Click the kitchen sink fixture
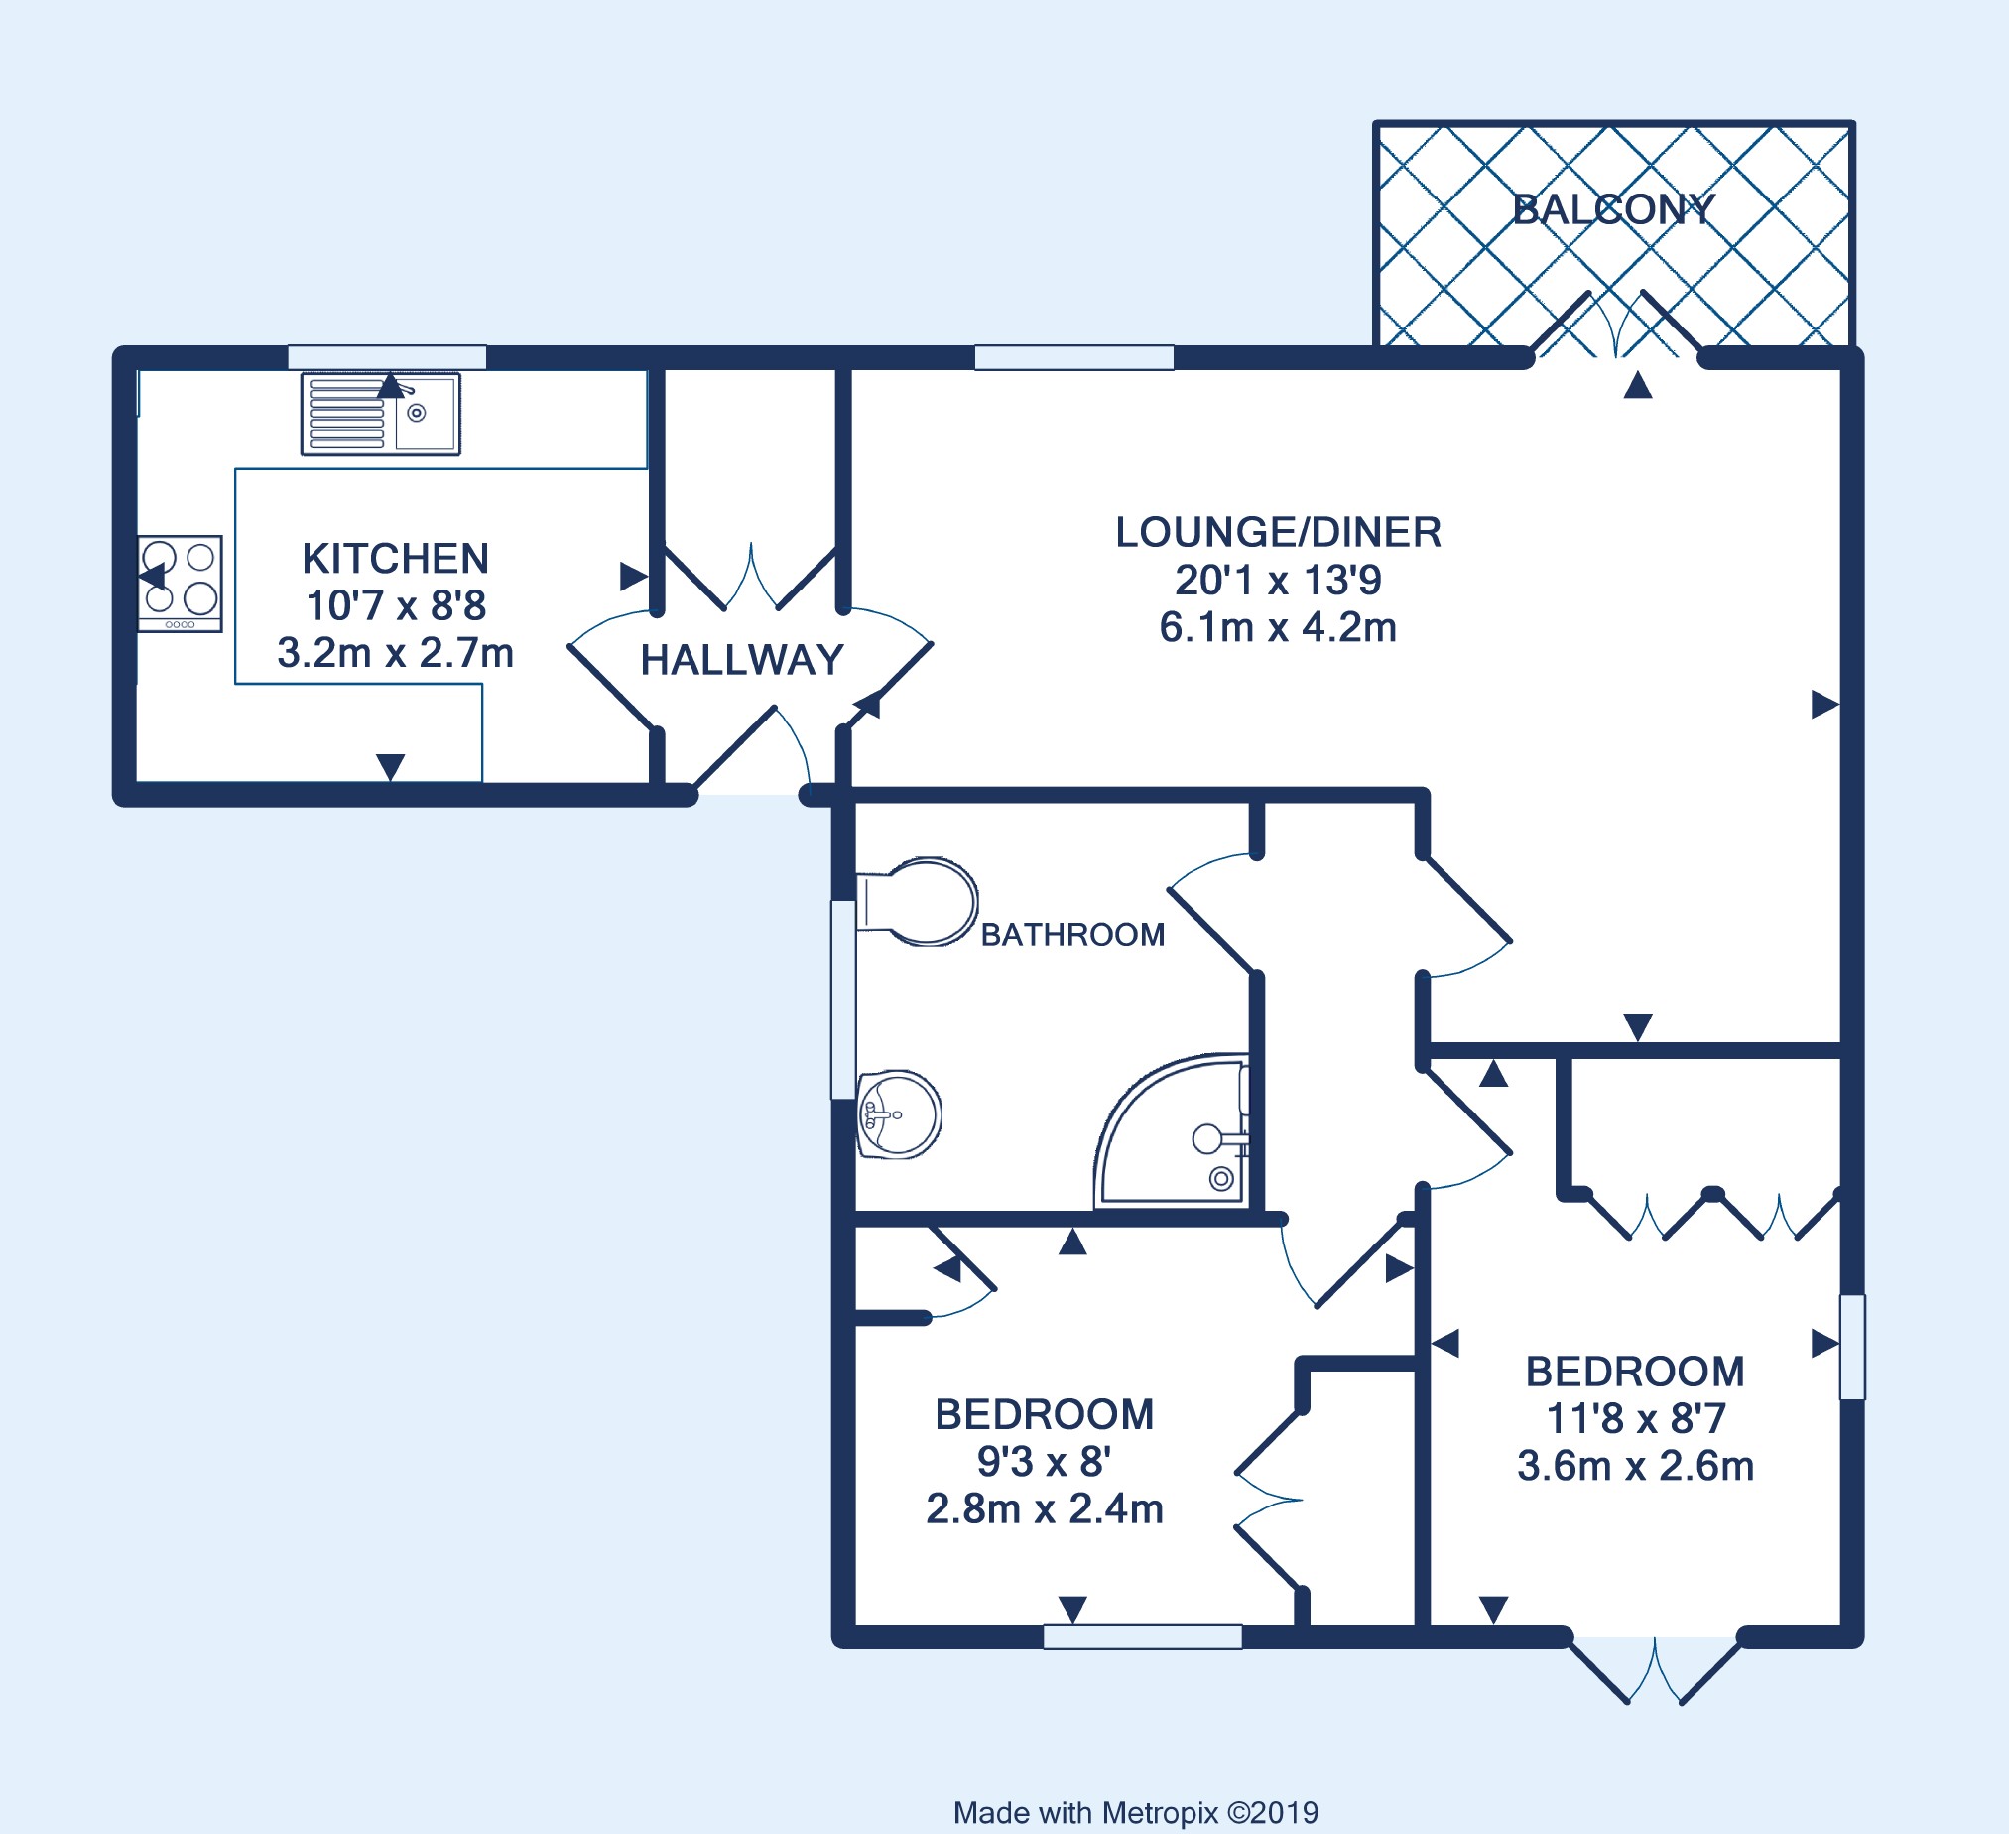point(381,414)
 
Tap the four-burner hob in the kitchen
point(180,584)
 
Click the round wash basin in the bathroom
point(899,1114)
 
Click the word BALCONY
point(1613,209)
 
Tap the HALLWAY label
point(742,660)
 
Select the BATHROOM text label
point(1073,935)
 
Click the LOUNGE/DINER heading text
point(1279,532)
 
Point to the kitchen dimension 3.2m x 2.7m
point(396,653)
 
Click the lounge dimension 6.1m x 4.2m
point(1279,628)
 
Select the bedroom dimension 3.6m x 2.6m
point(1635,1466)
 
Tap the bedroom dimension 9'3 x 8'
point(1045,1461)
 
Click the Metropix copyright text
point(1136,1813)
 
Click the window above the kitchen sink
point(387,357)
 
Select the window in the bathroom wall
point(843,999)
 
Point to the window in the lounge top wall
point(1074,357)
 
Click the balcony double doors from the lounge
point(1615,325)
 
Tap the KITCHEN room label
point(396,559)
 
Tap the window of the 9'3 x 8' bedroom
point(1143,1637)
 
